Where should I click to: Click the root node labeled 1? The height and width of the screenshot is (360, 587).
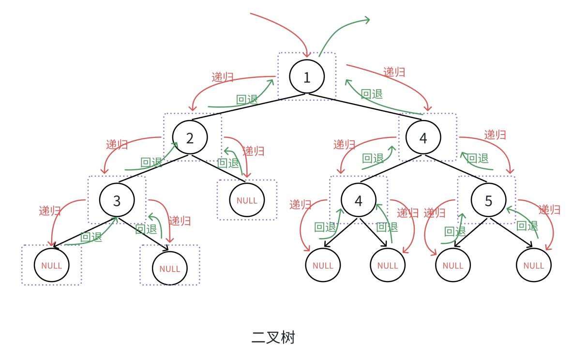pyautogui.click(x=307, y=77)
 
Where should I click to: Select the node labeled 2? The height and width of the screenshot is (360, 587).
pyautogui.click(x=190, y=138)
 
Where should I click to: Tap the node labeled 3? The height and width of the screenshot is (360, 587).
pyautogui.click(x=117, y=200)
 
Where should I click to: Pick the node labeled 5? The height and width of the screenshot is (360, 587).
pyautogui.click(x=488, y=200)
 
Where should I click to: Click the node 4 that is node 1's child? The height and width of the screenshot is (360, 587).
pyautogui.click(x=423, y=138)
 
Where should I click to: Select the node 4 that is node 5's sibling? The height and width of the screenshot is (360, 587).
pyautogui.click(x=358, y=200)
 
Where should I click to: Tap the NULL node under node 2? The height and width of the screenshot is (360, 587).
pyautogui.click(x=247, y=200)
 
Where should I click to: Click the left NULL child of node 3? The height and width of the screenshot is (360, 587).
pyautogui.click(x=52, y=266)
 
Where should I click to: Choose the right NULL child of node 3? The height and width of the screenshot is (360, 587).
pyautogui.click(x=169, y=269)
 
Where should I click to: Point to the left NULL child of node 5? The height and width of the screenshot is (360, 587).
pyautogui.click(x=453, y=266)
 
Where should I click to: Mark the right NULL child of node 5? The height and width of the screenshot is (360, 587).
pyautogui.click(x=534, y=266)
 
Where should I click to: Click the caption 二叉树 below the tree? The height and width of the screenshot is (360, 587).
pyautogui.click(x=273, y=337)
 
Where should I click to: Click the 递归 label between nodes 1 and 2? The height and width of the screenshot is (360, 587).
pyautogui.click(x=223, y=77)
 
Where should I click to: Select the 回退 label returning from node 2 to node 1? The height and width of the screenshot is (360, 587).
pyautogui.click(x=247, y=100)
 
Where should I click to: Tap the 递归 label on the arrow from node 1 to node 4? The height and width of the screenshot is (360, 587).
pyautogui.click(x=394, y=72)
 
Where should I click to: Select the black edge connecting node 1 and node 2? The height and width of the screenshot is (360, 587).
pyautogui.click(x=242, y=107)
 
